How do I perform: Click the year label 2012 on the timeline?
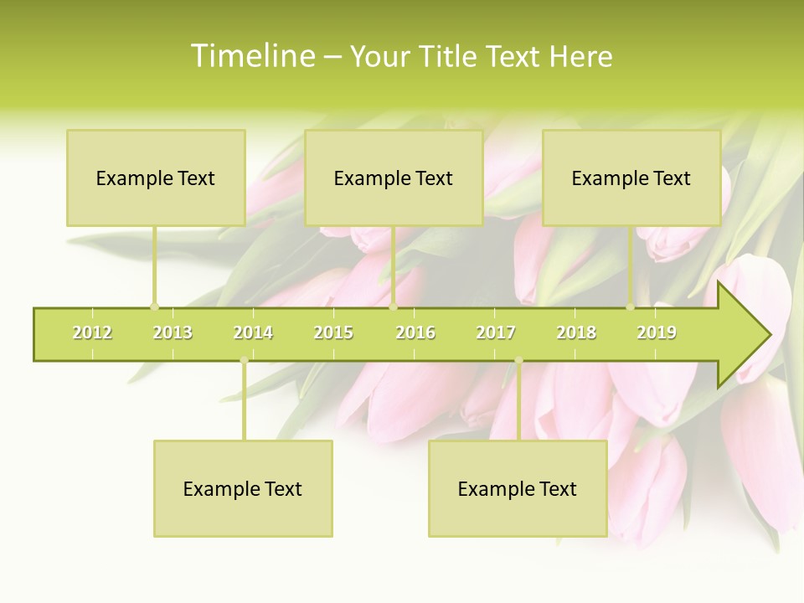coord(92,332)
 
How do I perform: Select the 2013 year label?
coord(173,332)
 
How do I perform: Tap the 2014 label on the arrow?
coord(253,332)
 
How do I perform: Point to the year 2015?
coord(333,332)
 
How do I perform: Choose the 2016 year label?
coord(415,332)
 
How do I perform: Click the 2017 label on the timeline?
coord(496,332)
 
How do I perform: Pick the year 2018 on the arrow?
coord(576,332)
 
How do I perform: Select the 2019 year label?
coord(657,332)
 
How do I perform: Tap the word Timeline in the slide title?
coord(251,56)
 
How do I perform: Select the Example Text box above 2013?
coord(156,178)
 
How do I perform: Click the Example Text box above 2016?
coord(394,178)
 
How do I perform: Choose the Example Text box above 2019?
coord(631,178)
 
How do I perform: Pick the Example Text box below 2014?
coord(243,488)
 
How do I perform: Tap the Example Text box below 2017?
coord(518,488)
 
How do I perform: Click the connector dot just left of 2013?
coord(154,307)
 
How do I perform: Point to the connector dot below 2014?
coord(244,361)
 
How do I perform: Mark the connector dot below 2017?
coord(518,361)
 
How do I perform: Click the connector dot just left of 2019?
coord(630,307)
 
